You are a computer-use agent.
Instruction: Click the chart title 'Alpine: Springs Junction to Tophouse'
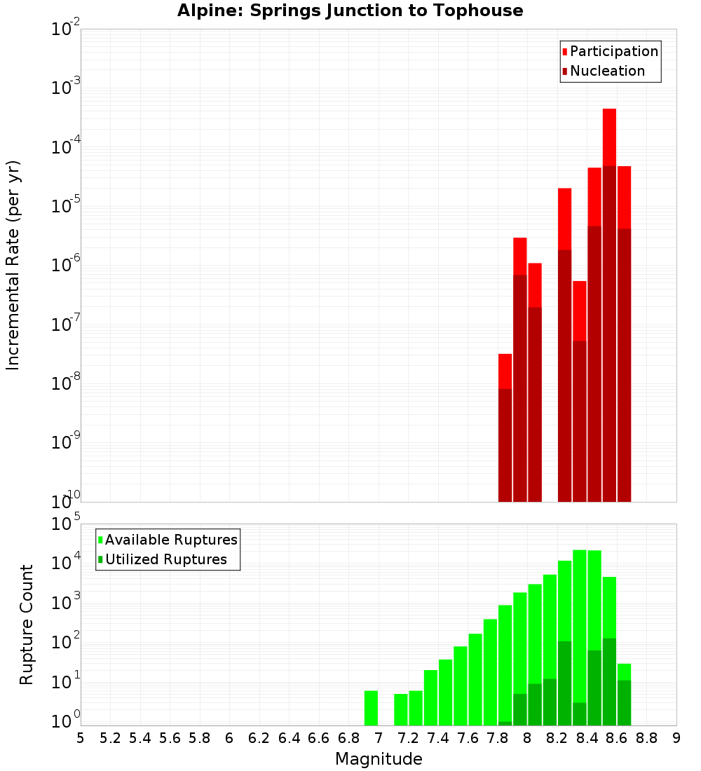(x=350, y=11)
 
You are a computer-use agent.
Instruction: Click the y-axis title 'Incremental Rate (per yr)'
(x=13, y=265)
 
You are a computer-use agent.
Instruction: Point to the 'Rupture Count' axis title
(x=27, y=625)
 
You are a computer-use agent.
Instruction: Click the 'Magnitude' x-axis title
(x=379, y=759)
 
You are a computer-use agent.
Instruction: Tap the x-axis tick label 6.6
(x=319, y=738)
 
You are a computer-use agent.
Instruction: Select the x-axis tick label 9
(x=676, y=738)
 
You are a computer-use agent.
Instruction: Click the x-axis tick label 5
(x=81, y=738)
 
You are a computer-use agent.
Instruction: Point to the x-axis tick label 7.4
(x=438, y=738)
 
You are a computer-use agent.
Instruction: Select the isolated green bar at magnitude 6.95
(x=371, y=708)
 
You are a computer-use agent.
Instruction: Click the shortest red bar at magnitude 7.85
(x=505, y=371)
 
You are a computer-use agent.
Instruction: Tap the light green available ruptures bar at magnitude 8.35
(x=580, y=624)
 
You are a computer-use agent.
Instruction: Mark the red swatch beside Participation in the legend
(x=565, y=52)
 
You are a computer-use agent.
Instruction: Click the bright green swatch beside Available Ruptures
(x=100, y=540)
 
